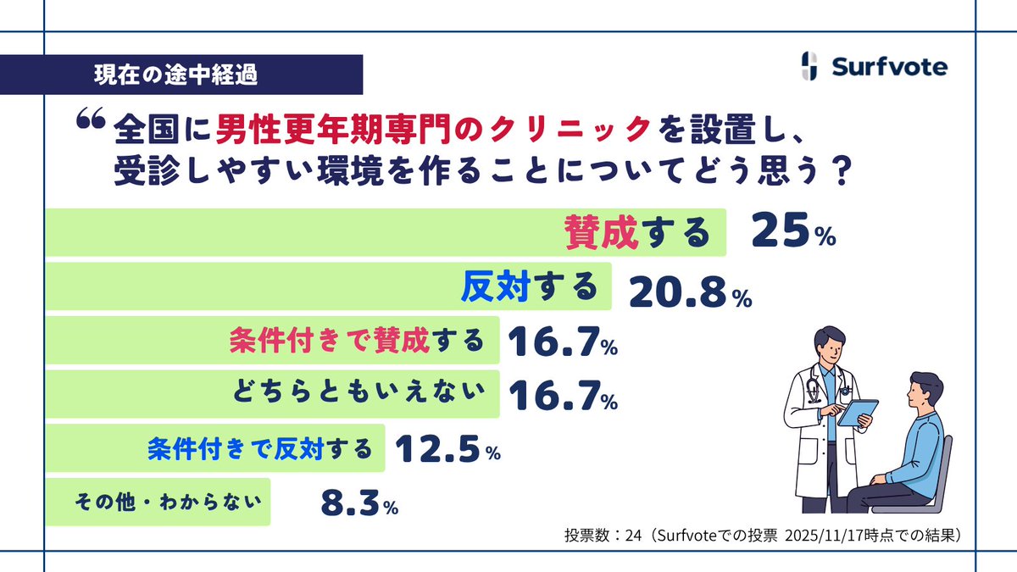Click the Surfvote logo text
point(889,67)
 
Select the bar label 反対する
point(530,288)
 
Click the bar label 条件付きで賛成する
point(357,341)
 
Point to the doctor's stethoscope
point(814,393)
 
